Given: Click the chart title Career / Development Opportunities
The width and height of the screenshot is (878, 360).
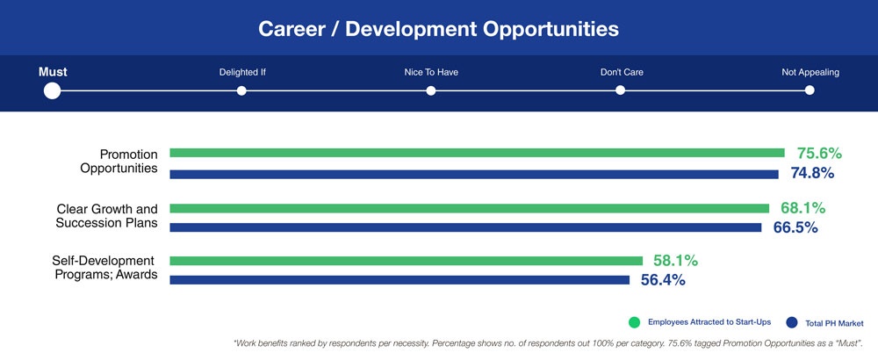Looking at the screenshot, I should pyautogui.click(x=438, y=29).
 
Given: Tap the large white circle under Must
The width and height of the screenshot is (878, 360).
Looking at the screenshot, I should pyautogui.click(x=52, y=90).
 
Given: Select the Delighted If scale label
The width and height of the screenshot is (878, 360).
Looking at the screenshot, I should pyautogui.click(x=242, y=72).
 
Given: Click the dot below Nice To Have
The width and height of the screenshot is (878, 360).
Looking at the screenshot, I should pyautogui.click(x=431, y=90).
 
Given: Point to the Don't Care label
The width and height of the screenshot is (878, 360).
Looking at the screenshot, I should pyautogui.click(x=622, y=72).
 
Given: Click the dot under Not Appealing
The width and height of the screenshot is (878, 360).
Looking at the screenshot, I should pyautogui.click(x=810, y=90).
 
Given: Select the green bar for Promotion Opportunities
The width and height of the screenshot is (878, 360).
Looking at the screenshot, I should pyautogui.click(x=477, y=153).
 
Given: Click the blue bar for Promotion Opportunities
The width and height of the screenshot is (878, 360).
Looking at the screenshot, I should pyautogui.click(x=474, y=174).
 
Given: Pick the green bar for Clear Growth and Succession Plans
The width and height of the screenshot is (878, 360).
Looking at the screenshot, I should pyautogui.click(x=470, y=208).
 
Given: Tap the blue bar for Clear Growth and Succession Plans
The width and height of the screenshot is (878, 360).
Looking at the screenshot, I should pyautogui.click(x=465, y=227).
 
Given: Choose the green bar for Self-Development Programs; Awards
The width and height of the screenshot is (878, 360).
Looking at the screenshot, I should pyautogui.click(x=407, y=261).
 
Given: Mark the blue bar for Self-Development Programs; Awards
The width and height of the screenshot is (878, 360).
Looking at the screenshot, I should pyautogui.click(x=399, y=280).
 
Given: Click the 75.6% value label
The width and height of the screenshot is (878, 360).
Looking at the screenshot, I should pyautogui.click(x=818, y=154).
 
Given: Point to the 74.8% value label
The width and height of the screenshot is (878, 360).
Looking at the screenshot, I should pyautogui.click(x=812, y=174).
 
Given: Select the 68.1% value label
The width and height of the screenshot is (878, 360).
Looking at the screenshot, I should pyautogui.click(x=802, y=208).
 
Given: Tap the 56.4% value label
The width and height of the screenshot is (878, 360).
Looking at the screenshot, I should pyautogui.click(x=662, y=280).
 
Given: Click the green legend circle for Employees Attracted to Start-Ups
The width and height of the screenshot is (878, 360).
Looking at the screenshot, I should pyautogui.click(x=634, y=321).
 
